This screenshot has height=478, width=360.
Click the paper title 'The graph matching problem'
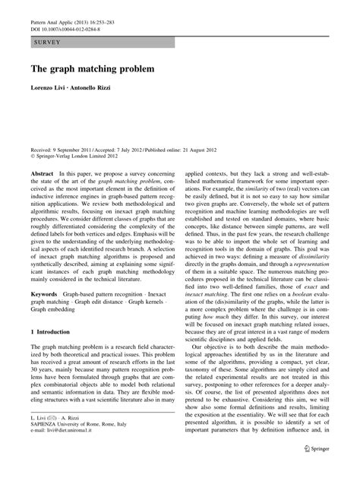click(x=92, y=68)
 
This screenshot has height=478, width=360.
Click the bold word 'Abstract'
click(x=43, y=174)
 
